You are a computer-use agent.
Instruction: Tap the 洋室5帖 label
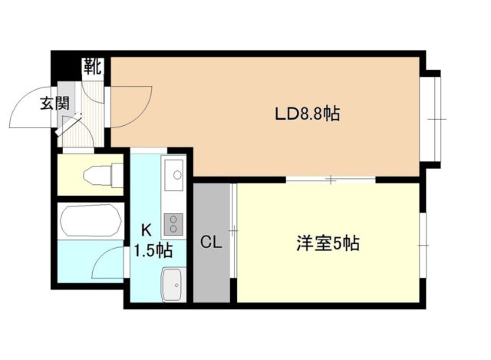coord(328,245)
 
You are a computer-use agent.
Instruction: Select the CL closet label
coord(211,243)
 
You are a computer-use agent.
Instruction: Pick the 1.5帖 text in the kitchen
coord(153,250)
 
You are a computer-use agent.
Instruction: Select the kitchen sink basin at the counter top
coord(174,173)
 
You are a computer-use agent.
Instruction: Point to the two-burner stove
coord(173,223)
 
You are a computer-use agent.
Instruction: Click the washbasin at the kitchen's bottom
coord(172,286)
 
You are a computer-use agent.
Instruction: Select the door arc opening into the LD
coord(132,107)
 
